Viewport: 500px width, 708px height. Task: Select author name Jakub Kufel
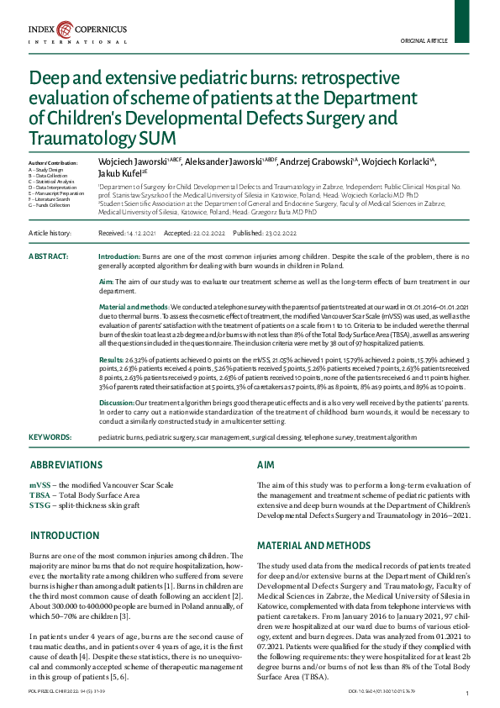[122, 173]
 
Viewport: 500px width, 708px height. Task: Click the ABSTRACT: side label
[48, 255]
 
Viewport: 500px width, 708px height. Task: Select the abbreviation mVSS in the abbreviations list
[40, 485]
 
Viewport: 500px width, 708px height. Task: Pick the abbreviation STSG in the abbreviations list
[39, 505]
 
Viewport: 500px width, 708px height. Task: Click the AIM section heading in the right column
[265, 465]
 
